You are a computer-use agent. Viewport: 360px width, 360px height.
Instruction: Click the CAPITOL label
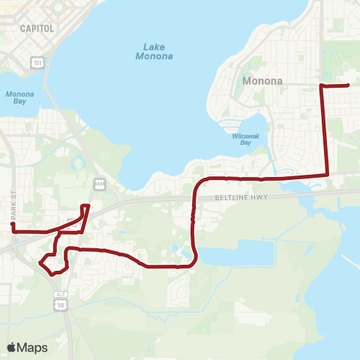coord(37,28)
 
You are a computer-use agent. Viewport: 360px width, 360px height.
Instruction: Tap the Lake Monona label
coord(154,51)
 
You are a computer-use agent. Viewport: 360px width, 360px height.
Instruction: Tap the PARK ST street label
coord(13,202)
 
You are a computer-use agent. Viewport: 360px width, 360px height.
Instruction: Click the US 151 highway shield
coord(37,63)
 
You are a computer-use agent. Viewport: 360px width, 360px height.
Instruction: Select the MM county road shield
coord(98,184)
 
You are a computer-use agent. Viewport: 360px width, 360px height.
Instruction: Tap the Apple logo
coord(11,347)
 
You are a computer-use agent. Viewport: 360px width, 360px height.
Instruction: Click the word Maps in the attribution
coord(32,347)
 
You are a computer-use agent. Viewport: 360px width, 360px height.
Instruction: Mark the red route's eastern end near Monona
coord(349,85)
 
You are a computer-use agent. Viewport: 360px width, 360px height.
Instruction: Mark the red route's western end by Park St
coord(13,223)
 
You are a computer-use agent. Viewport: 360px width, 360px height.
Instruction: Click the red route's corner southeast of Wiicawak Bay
coord(328,175)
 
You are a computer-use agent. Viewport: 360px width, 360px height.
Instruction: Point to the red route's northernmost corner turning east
coord(322,86)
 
